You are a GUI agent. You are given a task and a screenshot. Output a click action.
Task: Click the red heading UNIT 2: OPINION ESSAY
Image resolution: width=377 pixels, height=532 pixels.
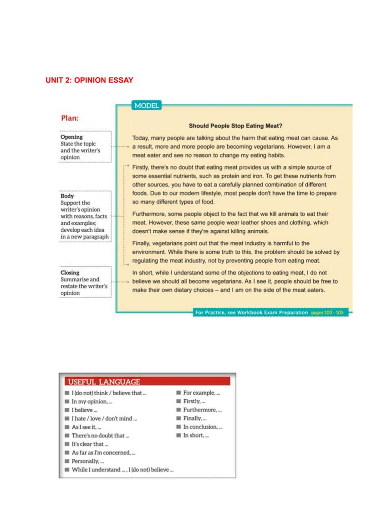click(89, 80)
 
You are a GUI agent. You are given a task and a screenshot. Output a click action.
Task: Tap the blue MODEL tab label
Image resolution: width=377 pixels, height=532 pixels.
click(146, 106)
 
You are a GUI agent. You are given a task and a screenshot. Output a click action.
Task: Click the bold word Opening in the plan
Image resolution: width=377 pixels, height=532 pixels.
click(71, 137)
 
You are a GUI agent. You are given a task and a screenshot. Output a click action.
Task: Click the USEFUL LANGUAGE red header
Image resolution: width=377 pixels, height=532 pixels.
click(103, 382)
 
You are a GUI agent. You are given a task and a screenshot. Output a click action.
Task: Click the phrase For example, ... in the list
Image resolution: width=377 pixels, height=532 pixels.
click(202, 393)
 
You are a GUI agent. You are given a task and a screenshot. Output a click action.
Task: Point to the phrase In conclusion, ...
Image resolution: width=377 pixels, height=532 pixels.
click(203, 427)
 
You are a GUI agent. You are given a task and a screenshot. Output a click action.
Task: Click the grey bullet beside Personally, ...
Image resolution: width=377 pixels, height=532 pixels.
click(67, 461)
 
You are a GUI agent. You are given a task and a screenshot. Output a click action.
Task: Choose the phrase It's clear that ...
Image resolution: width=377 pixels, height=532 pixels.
click(90, 444)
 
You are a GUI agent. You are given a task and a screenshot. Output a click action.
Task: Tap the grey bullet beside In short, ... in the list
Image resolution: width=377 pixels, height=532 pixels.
click(178, 436)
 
